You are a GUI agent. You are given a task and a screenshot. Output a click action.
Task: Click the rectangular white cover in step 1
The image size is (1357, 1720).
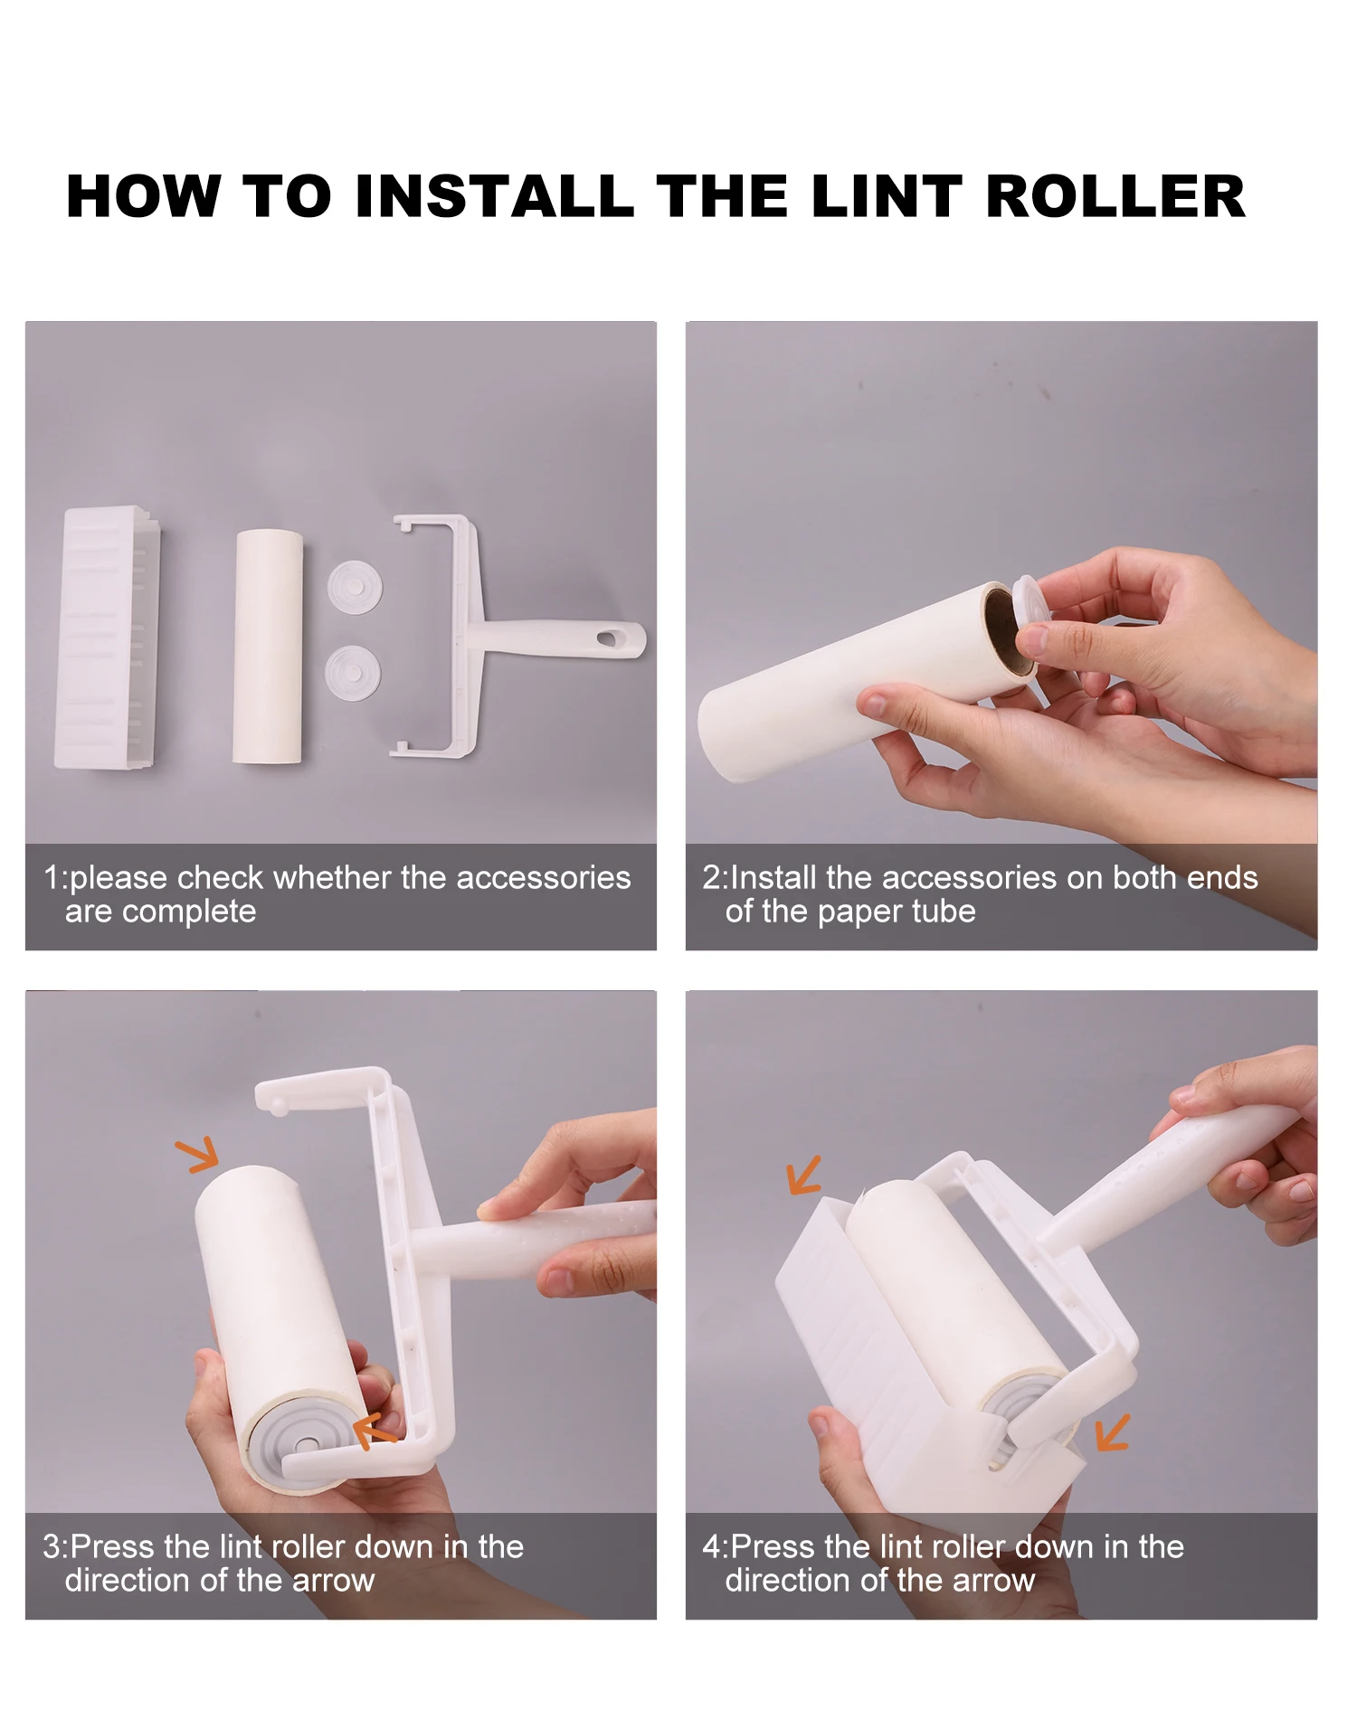(x=108, y=638)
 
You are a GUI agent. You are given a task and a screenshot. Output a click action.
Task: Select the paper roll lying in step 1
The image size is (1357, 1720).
(x=268, y=647)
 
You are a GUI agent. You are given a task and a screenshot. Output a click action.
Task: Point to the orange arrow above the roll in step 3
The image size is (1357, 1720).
(x=198, y=1154)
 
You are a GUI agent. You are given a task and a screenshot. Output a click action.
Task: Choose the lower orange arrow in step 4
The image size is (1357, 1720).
(x=1112, y=1432)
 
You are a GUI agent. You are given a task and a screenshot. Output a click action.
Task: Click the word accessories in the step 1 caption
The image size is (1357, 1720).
(x=543, y=877)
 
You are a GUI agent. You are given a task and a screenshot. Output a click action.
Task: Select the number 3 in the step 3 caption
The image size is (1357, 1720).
(x=52, y=1546)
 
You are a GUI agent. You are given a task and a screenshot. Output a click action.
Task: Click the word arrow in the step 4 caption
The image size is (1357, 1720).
(x=991, y=1581)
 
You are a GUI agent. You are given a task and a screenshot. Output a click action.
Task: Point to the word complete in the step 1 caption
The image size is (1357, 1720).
(x=189, y=912)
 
